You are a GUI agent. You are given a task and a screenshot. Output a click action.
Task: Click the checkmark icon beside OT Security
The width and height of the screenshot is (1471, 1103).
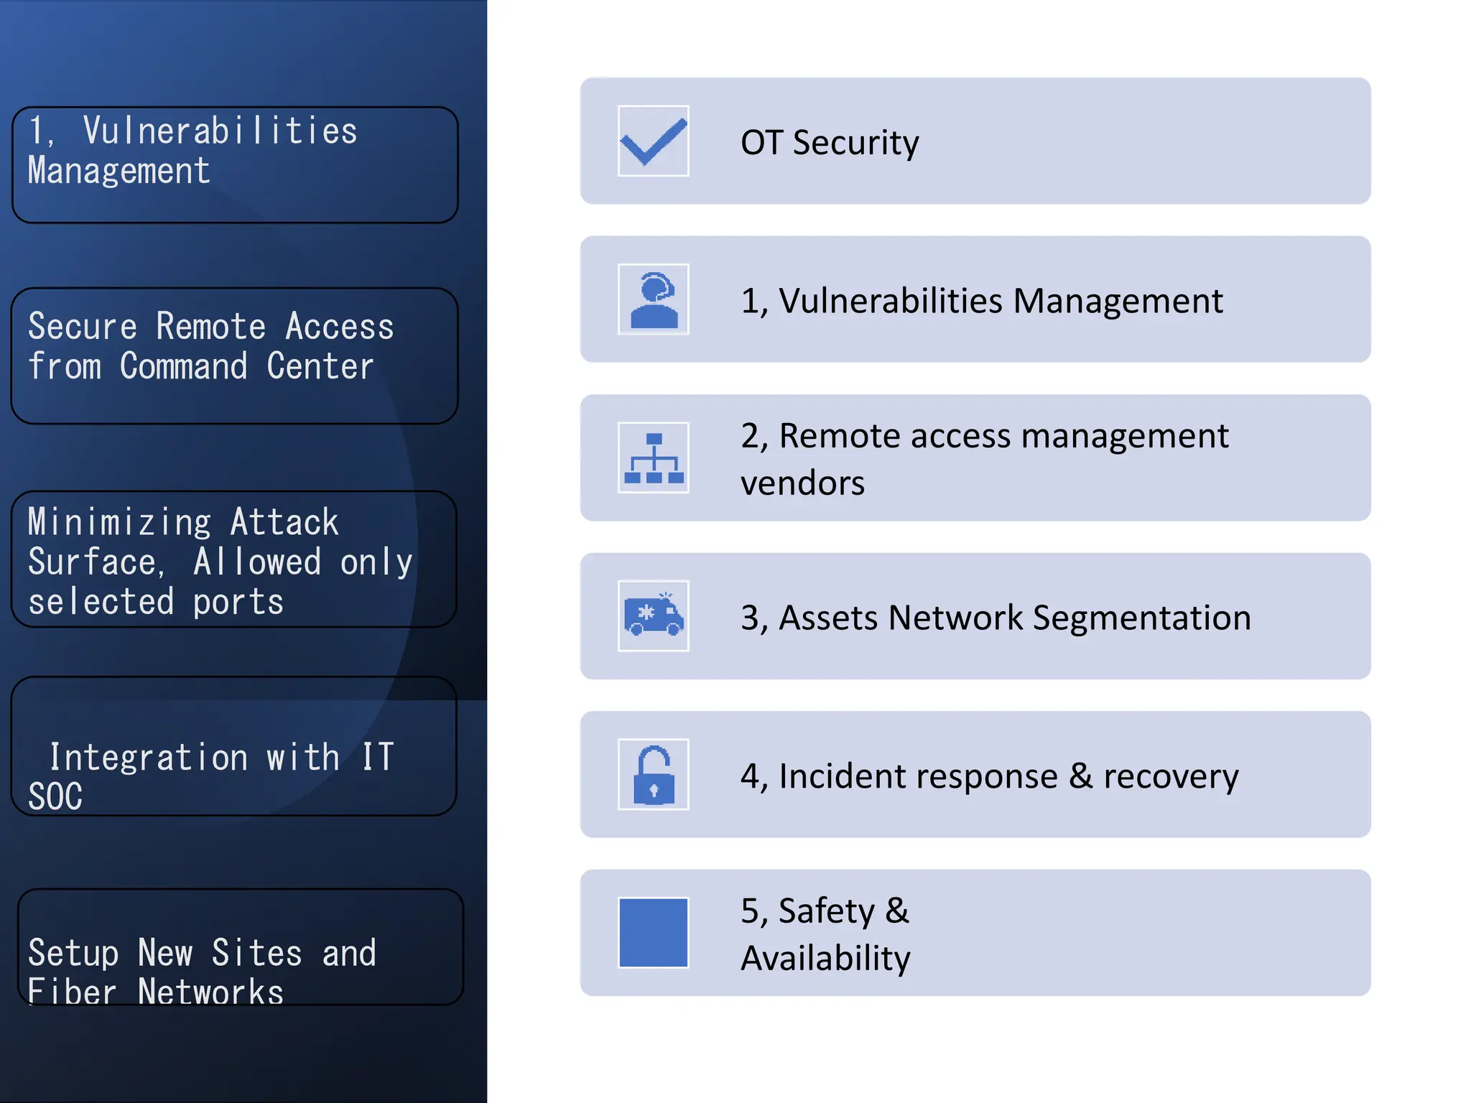click(653, 141)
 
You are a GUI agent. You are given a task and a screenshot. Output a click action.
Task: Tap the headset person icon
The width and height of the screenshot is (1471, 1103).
click(653, 299)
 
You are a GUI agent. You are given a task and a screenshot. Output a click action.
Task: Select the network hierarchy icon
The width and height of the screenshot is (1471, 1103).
click(653, 457)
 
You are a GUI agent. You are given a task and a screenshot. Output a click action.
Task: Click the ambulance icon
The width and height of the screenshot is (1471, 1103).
click(653, 616)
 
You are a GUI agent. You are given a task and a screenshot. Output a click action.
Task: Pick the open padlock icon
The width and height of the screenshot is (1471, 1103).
click(653, 774)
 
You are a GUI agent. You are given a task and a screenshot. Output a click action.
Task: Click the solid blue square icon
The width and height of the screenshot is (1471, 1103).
click(653, 932)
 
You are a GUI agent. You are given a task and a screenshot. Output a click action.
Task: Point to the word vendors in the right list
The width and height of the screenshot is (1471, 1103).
click(802, 483)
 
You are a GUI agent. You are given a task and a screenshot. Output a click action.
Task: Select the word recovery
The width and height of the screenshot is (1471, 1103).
click(1171, 776)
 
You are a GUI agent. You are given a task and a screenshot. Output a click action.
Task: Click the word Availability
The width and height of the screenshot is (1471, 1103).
click(825, 958)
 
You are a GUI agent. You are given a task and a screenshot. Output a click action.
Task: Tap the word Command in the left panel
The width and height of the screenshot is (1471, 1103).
click(183, 366)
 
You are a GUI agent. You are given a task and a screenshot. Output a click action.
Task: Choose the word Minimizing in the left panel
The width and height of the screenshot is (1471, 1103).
click(119, 522)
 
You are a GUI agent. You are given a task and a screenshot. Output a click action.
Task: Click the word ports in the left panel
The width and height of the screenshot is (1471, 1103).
click(238, 602)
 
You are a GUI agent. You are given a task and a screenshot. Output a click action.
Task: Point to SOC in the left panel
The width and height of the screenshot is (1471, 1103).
click(55, 796)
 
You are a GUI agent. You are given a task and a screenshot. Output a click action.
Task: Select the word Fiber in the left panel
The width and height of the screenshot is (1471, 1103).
click(72, 992)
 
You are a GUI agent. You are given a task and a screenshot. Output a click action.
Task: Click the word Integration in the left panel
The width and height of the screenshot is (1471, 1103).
click(149, 758)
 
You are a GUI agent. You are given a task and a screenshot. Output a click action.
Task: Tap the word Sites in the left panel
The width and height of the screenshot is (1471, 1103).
click(256, 953)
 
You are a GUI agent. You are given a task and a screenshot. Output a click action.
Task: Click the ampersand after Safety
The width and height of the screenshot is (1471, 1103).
click(896, 911)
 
